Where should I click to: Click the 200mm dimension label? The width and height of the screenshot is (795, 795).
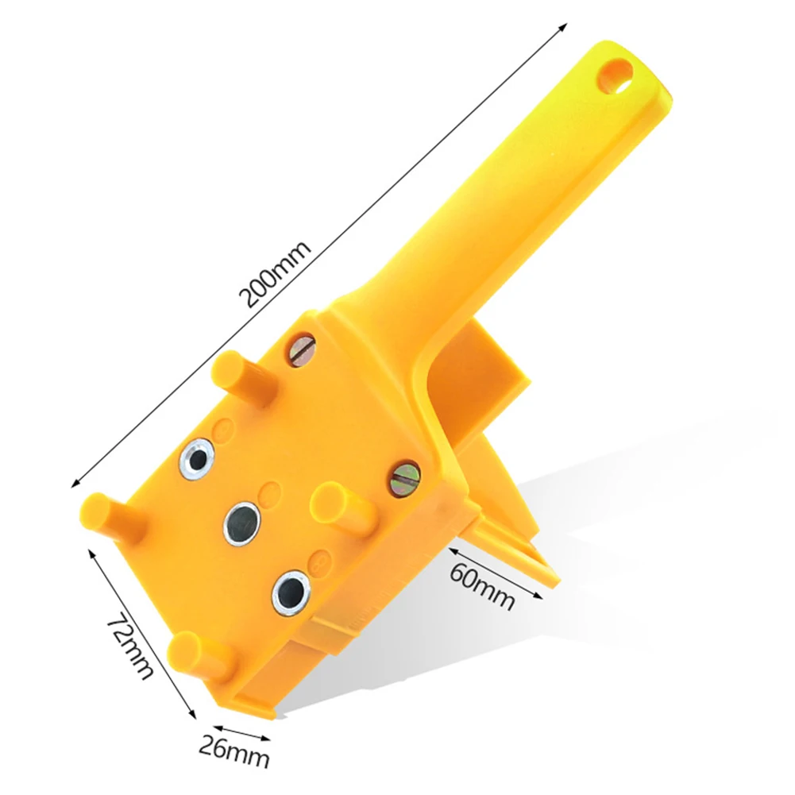point(278,276)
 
